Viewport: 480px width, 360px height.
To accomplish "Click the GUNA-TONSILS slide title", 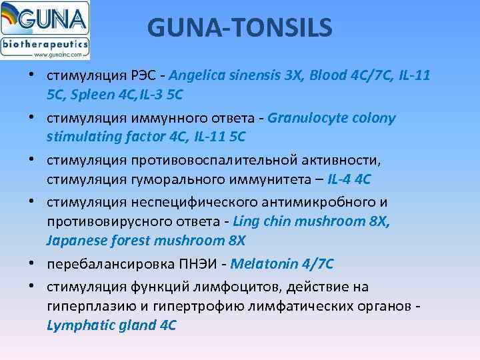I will pos(239,28).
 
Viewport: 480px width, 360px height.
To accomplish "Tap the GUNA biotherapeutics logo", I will pos(45,31).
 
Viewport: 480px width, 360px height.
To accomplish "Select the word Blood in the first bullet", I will pos(329,76).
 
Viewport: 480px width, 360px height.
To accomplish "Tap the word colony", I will pos(372,119).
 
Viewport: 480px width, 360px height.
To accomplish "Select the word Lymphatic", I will pos(77,325).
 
